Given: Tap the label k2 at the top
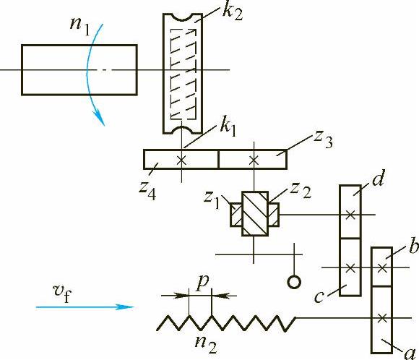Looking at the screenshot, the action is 233,13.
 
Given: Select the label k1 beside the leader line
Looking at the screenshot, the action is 228,128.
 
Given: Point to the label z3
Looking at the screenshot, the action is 323,140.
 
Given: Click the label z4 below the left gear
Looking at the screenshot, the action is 147,191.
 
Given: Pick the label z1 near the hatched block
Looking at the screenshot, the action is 212,200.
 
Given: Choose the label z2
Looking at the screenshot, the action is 301,190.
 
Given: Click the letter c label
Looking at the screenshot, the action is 319,296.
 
